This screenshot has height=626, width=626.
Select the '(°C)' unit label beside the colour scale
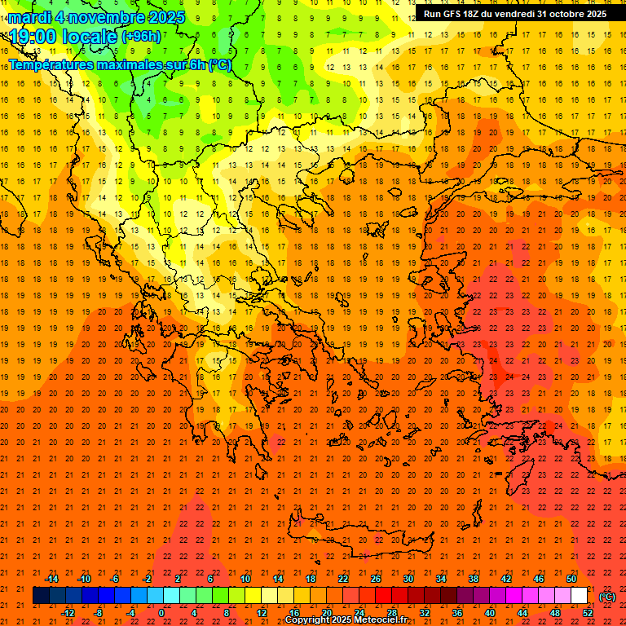click(606, 597)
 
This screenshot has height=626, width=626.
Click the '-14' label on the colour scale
click(51, 579)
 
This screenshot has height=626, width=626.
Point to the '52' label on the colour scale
click(588, 613)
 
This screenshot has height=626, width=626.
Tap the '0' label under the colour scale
click(161, 613)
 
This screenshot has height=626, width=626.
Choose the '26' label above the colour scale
click(376, 579)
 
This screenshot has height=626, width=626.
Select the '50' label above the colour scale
click(571, 579)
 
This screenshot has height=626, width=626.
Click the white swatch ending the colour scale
click(580, 596)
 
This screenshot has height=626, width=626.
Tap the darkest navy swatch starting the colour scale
click(41, 596)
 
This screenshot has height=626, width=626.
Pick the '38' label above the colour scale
click(474, 579)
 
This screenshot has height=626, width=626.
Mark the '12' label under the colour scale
click(262, 613)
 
